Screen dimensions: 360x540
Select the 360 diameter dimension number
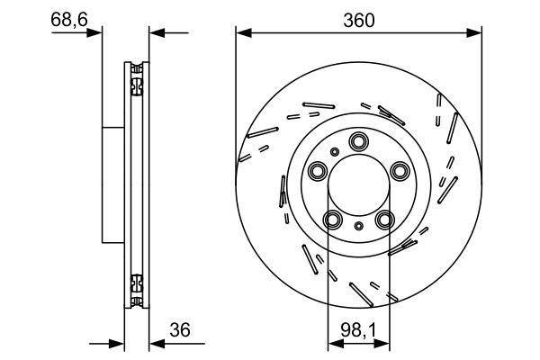[358, 17]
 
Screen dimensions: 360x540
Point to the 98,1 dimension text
[358, 329]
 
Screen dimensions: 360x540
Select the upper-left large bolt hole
[319, 170]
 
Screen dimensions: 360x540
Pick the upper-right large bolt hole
[400, 170]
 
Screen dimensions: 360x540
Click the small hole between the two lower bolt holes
[359, 227]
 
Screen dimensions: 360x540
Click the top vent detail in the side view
[137, 81]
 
